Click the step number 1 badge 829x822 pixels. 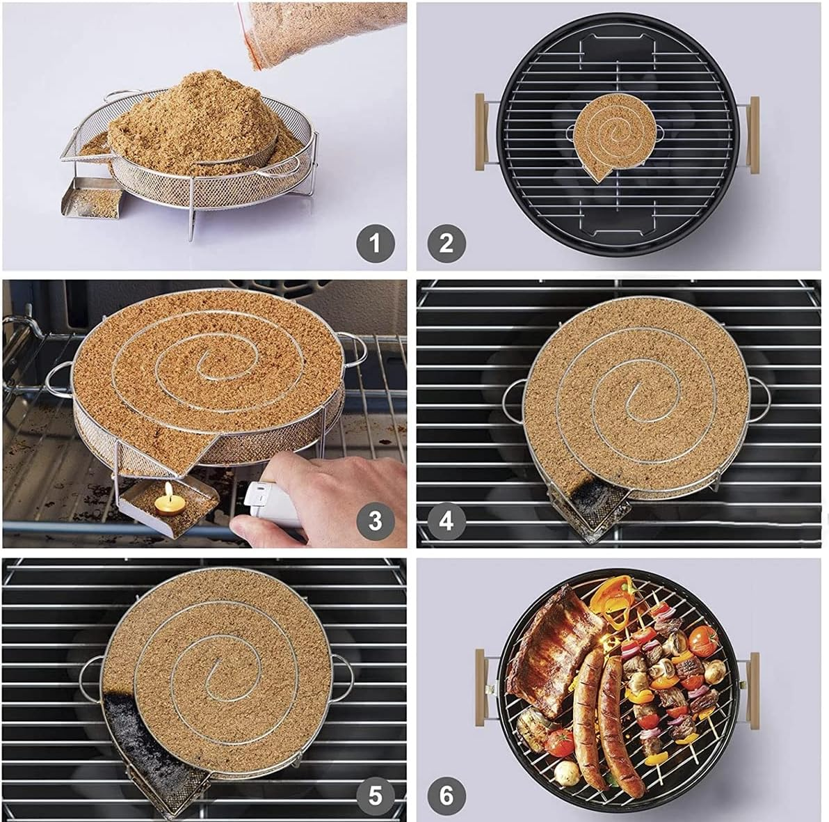tap(376, 244)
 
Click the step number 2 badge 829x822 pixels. tap(446, 244)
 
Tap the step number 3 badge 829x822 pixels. tap(376, 520)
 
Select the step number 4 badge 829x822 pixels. tap(446, 520)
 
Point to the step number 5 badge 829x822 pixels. tap(376, 795)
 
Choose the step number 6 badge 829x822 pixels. tap(446, 795)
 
